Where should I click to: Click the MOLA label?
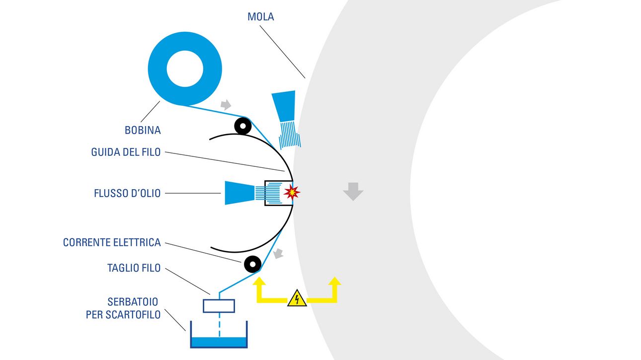[261, 17]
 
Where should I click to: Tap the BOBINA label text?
[143, 131]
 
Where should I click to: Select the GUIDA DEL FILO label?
[126, 152]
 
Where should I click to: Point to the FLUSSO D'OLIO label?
[127, 193]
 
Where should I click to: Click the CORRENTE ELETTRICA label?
[112, 243]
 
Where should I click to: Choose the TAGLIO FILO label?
[134, 268]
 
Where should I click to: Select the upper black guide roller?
[242, 126]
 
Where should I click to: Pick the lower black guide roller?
[252, 263]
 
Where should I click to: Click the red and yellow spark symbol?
[292, 192]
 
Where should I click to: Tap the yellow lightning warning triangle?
[297, 299]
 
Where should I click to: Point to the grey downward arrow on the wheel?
[353, 191]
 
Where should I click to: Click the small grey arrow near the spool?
[226, 105]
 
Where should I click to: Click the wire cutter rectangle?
[219, 306]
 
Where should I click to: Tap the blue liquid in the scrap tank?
[219, 342]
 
